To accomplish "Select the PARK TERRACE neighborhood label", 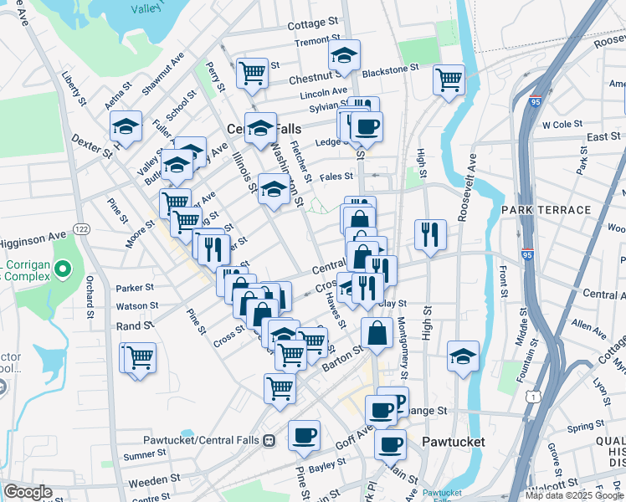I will pyautogui.click(x=546, y=209).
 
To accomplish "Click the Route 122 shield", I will pyautogui.click(x=81, y=228).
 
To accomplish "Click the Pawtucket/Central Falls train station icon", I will pyautogui.click(x=269, y=440).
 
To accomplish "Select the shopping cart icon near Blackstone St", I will pyautogui.click(x=449, y=79).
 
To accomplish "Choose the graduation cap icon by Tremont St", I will pyautogui.click(x=343, y=55).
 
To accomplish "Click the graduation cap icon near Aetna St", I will pyautogui.click(x=126, y=126).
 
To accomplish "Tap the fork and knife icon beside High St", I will pyautogui.click(x=429, y=234).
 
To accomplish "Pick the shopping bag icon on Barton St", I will pyautogui.click(x=377, y=332).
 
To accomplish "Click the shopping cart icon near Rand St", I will pyautogui.click(x=140, y=357).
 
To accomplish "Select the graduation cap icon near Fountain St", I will pyautogui.click(x=462, y=356).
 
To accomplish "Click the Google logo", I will pyautogui.click(x=28, y=492).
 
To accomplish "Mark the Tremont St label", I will pyautogui.click(x=316, y=40).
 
